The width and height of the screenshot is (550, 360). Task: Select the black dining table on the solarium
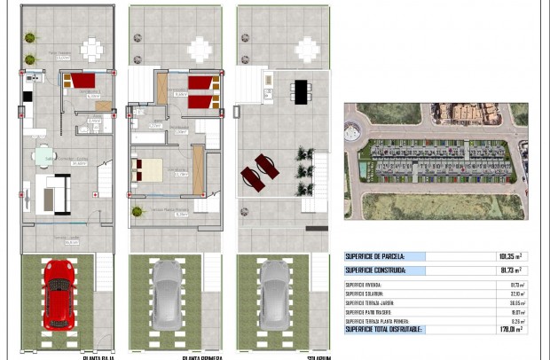pos(301,91)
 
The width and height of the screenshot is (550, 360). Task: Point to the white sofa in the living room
pos(55,194)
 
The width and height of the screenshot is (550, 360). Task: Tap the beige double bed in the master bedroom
pos(146,168)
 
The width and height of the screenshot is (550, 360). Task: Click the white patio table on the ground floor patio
pos(92,48)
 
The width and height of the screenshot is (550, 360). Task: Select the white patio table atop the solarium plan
pos(306,50)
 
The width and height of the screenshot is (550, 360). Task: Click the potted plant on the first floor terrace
pos(137,212)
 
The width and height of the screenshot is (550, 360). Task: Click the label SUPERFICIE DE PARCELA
pos(377,256)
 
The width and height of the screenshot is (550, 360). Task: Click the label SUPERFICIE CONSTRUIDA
pos(376,270)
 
